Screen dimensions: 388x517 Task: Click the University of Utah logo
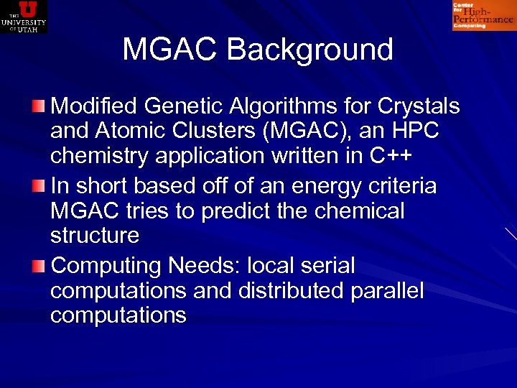point(24,17)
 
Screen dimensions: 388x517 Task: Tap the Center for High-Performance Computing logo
point(483,16)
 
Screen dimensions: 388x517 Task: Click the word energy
point(321,187)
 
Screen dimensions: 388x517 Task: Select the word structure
point(95,236)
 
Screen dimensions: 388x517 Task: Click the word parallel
point(387,292)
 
